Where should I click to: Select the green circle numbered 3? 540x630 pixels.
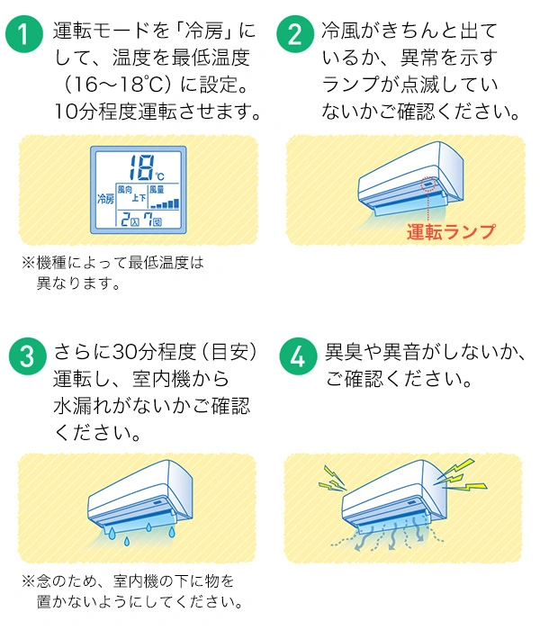click(24, 355)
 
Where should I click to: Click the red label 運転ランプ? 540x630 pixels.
click(450, 231)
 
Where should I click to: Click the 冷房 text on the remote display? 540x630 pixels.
click(105, 198)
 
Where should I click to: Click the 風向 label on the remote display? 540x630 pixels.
click(124, 190)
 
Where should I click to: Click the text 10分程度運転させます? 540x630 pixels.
click(158, 113)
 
